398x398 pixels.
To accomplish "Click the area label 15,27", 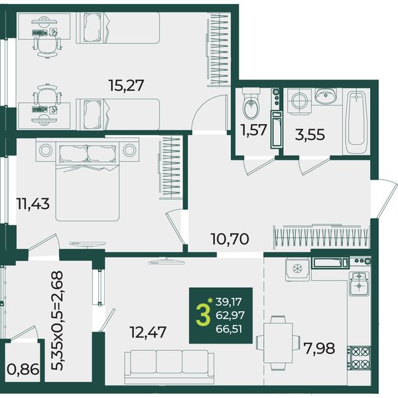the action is coord(126,86).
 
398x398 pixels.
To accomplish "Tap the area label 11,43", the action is coord(33,204).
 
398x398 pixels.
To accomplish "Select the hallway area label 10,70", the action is coord(230,239).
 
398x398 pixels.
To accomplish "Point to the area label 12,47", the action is coord(148,332).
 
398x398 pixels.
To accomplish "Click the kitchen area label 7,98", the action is coord(320,348).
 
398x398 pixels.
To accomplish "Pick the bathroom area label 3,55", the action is coord(310,135).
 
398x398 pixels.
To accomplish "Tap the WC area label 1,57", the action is coord(254,130).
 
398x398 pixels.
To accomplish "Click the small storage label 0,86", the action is coord(23,369).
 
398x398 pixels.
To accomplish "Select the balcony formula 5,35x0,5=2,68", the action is coord(56,320).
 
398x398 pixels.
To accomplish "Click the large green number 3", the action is coord(203,314).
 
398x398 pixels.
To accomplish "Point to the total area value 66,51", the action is coord(229,329).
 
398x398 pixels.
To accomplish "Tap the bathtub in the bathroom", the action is coord(356,121).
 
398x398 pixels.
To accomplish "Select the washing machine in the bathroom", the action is coord(299,101).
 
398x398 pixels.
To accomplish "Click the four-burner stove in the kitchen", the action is coord(359,358).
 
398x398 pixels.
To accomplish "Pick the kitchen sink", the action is coord(359,283).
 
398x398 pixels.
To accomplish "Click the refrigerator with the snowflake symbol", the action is coord(297,269).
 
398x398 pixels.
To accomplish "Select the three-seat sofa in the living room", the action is coord(169,367).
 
